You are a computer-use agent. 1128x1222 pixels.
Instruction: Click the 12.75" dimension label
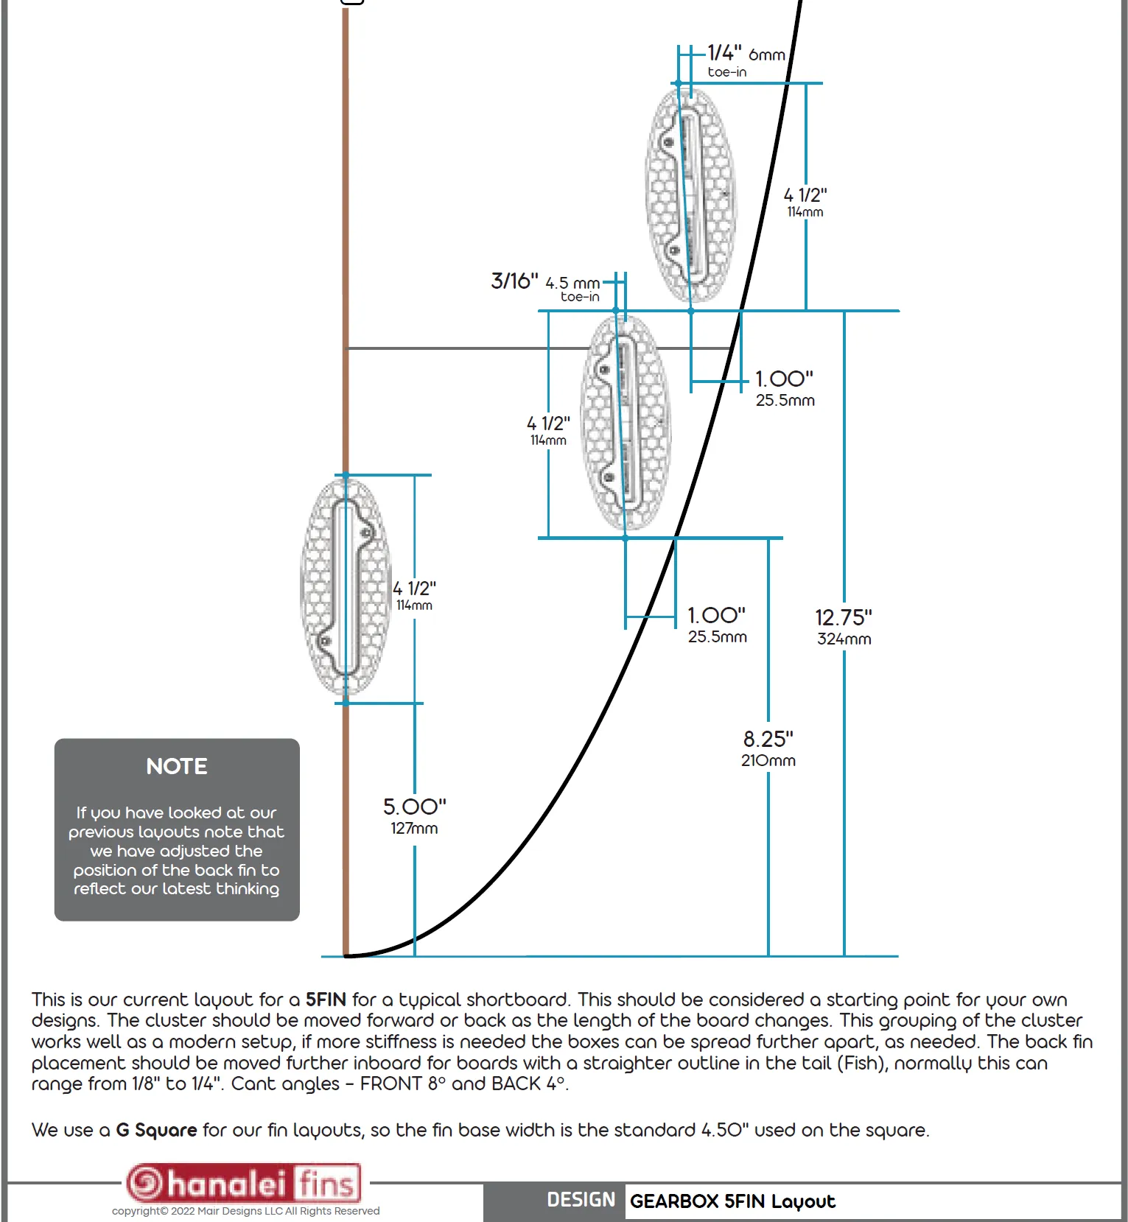click(843, 617)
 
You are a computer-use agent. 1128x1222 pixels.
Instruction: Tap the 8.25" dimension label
click(768, 739)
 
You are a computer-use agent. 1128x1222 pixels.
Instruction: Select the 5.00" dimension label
click(414, 807)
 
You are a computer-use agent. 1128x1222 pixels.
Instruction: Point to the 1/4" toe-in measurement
click(724, 53)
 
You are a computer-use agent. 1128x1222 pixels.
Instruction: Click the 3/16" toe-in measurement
click(514, 281)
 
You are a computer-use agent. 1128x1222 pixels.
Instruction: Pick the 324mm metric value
click(844, 639)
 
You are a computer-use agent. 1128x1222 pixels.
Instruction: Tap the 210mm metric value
click(768, 761)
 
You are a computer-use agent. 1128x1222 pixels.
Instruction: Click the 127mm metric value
click(414, 829)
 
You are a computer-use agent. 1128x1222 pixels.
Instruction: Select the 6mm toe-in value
click(766, 55)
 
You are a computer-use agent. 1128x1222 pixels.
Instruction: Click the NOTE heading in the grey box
click(177, 767)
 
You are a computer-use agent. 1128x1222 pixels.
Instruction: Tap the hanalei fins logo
click(243, 1184)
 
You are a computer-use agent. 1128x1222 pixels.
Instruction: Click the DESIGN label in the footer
click(581, 1200)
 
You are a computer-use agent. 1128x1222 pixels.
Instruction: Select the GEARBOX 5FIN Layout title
click(732, 1201)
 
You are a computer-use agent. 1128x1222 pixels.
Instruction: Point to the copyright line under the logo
click(245, 1211)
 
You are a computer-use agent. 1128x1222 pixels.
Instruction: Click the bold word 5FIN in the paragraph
click(326, 1000)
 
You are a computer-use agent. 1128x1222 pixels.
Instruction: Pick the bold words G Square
click(156, 1130)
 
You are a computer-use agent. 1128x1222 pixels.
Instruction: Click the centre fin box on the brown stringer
click(345, 588)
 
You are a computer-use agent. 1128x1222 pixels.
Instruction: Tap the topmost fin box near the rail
click(690, 195)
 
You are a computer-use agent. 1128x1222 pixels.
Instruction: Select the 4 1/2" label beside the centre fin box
click(414, 589)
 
